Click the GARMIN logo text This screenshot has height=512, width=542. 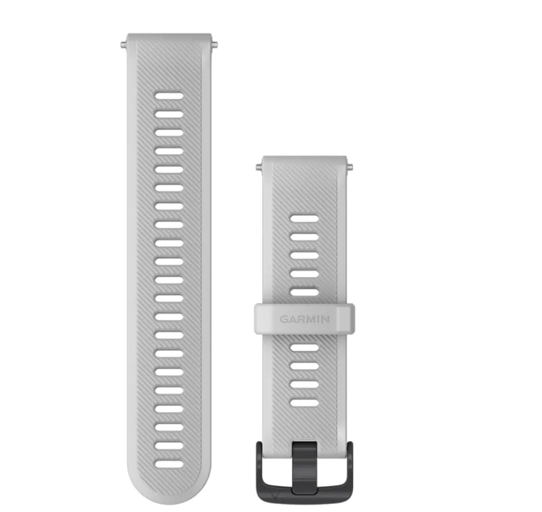(x=305, y=319)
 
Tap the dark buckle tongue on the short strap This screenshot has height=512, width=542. (x=304, y=467)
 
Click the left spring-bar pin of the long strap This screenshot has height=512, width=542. (x=124, y=44)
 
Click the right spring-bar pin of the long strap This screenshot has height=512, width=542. (x=214, y=44)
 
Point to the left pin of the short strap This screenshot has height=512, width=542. (x=259, y=167)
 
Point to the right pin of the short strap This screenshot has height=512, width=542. (x=350, y=167)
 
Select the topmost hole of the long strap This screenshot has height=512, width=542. (x=169, y=96)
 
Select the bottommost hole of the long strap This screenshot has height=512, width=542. (x=169, y=464)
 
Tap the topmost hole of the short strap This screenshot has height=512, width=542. (x=305, y=218)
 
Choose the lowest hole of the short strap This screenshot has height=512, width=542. (x=305, y=403)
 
